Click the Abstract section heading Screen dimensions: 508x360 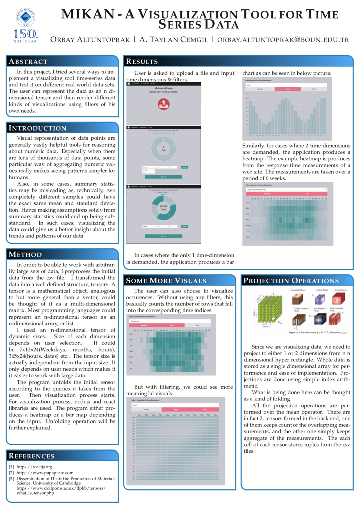(x=28, y=62)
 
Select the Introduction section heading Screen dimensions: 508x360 (x=38, y=128)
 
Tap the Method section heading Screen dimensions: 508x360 (x=25, y=255)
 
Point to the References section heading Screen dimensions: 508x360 (x=31, y=456)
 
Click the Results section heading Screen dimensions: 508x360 (x=142, y=62)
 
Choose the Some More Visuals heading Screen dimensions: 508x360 (x=166, y=280)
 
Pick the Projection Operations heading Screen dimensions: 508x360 (x=291, y=280)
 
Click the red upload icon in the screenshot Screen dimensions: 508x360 (x=163, y=104)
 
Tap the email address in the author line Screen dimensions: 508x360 (x=283, y=40)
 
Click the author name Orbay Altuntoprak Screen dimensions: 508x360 (x=90, y=40)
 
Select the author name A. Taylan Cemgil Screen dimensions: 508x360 (x=174, y=40)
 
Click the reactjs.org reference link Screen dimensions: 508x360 (x=34, y=467)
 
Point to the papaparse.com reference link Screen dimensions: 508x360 (x=45, y=473)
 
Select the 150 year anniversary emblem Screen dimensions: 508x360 (x=25, y=36)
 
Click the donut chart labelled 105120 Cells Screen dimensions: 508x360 (x=163, y=208)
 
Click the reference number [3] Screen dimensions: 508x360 (x=11, y=478)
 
